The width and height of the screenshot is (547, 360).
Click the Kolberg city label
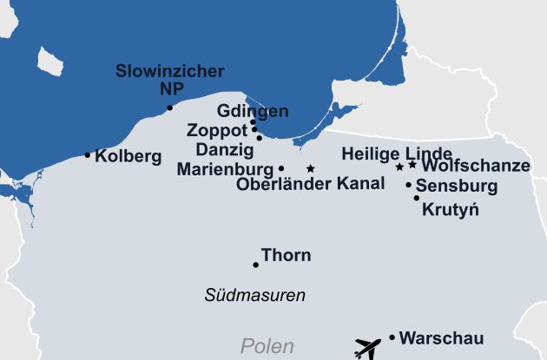[x=128, y=157]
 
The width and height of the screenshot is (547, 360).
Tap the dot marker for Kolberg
[x=87, y=155]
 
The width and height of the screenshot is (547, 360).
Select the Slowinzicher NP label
[x=169, y=80]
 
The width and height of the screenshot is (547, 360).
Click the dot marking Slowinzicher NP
[x=170, y=108]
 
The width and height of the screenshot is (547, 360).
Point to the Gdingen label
[x=253, y=112]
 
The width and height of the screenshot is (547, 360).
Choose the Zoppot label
[x=217, y=131]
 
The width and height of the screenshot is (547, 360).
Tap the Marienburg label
[x=224, y=168]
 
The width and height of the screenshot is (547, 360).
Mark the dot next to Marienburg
[x=281, y=168]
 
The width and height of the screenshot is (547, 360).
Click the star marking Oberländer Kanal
[x=310, y=168]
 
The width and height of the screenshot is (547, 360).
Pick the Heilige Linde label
[x=397, y=154]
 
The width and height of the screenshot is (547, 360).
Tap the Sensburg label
[x=457, y=186]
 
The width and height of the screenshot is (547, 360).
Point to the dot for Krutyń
[x=417, y=198]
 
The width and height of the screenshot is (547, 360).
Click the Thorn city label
[x=286, y=256]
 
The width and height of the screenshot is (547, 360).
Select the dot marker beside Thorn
[x=255, y=265]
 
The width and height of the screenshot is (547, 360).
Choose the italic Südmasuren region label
[x=254, y=295]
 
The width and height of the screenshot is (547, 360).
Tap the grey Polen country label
[x=267, y=347]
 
